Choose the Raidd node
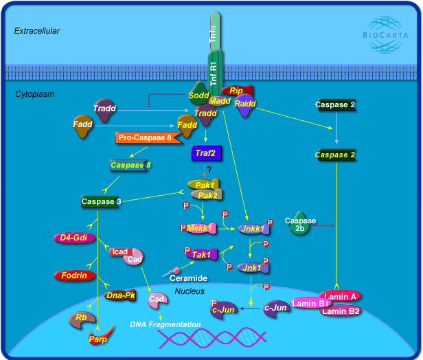(245, 104)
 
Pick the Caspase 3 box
(101, 202)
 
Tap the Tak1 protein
(201, 254)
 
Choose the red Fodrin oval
(74, 275)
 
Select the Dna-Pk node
(119, 295)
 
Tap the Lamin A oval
(339, 296)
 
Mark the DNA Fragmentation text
(165, 324)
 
